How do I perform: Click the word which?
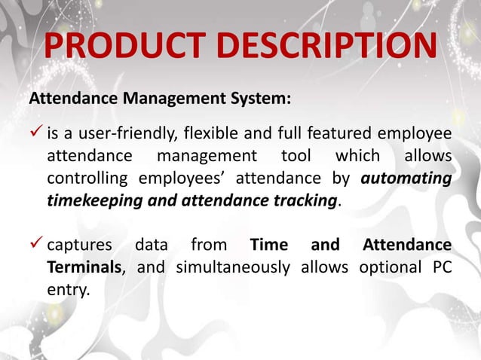click(358, 158)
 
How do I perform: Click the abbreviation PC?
click(442, 269)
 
